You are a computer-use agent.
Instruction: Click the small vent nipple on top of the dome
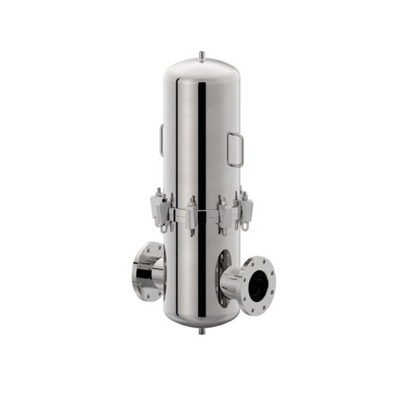pos(201,53)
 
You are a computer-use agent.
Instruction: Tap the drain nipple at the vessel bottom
pos(201,330)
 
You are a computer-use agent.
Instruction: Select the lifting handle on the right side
pos(235,149)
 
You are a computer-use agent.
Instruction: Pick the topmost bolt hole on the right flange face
pos(261,259)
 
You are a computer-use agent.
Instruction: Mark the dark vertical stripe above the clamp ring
pos(201,137)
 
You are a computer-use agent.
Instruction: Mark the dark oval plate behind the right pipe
pos(223,274)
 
